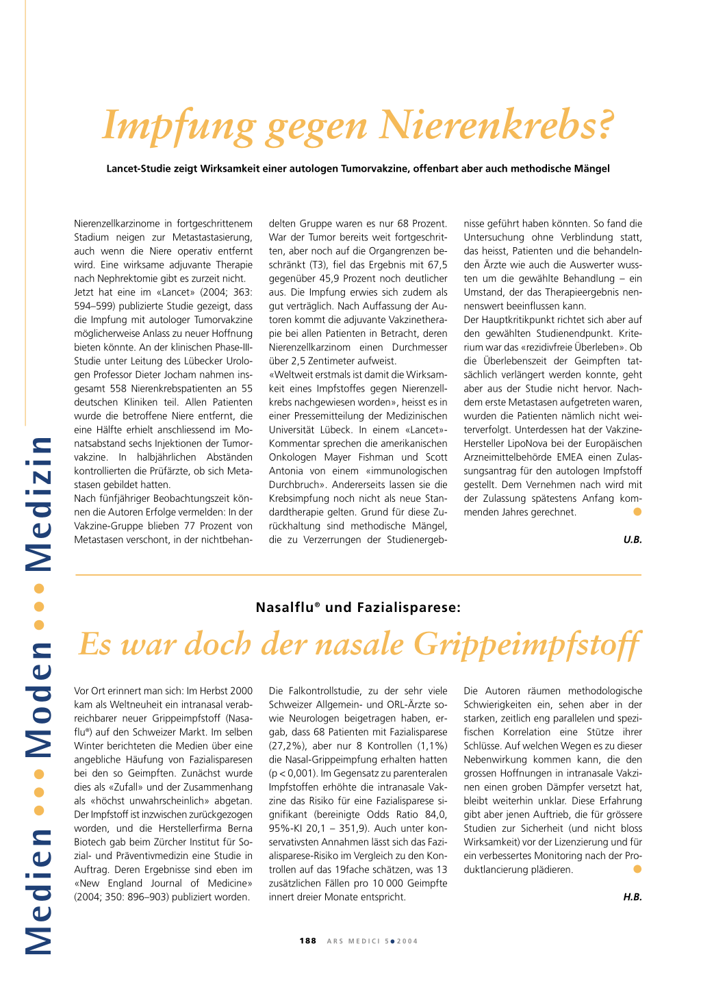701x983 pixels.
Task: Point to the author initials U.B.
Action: click(x=633, y=539)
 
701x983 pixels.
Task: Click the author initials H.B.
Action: click(x=633, y=897)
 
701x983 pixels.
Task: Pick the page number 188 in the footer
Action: click(x=308, y=941)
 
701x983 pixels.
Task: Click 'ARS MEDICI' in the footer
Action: click(x=353, y=941)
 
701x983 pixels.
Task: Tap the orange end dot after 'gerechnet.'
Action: click(x=637, y=512)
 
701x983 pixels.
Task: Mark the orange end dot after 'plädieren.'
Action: click(x=637, y=869)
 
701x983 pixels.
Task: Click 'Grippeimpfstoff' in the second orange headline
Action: click(x=527, y=645)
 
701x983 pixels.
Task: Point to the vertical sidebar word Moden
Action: click(x=39, y=700)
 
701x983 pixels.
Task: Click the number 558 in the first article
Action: click(x=118, y=388)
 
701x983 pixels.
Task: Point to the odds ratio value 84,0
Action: click(x=436, y=815)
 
